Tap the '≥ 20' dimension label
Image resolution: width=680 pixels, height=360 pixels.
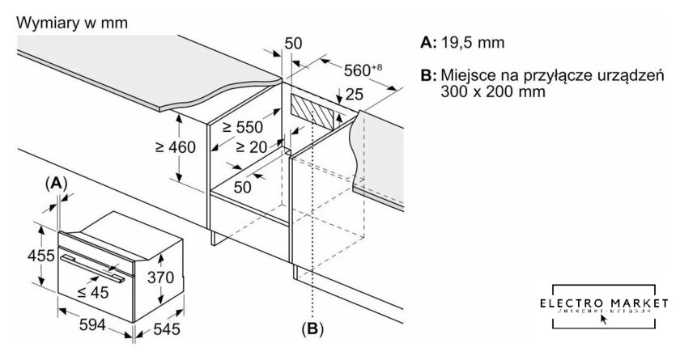[x=253, y=146]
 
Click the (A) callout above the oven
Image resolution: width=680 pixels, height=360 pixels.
[x=56, y=184]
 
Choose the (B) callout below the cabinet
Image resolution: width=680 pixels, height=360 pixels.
[x=312, y=329]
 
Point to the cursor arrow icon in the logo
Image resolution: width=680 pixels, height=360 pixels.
[x=604, y=318]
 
